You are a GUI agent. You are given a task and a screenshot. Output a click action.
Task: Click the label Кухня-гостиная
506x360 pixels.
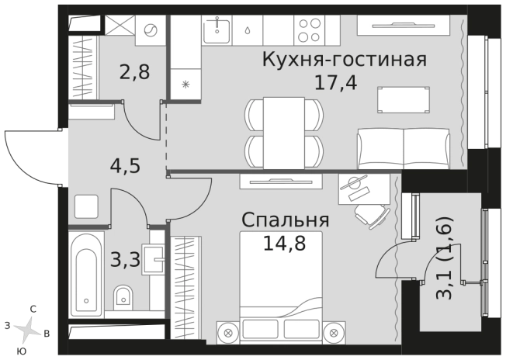(345, 60)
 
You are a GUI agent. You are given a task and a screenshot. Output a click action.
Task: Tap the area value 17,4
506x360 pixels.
(335, 82)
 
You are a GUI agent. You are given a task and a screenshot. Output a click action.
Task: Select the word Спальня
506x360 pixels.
(286, 220)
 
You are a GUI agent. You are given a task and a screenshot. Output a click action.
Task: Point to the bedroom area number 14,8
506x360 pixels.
(283, 244)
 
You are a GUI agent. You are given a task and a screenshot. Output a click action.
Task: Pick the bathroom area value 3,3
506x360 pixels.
(124, 259)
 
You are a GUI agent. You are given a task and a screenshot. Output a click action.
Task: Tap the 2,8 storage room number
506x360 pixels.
(133, 75)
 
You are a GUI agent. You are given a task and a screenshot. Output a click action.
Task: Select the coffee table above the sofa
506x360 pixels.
(403, 99)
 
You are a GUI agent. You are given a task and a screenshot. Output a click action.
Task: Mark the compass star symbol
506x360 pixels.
(28, 329)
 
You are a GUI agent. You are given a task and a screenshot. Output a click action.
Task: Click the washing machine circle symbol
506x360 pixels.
(151, 30)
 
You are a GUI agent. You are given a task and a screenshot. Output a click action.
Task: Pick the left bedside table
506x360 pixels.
(228, 329)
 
